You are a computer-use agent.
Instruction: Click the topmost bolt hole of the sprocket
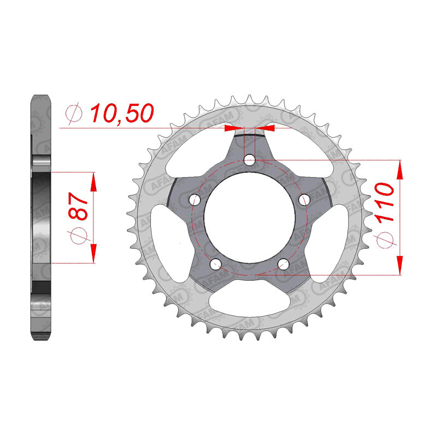pyautogui.click(x=250, y=160)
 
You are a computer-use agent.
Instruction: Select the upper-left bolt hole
pyautogui.click(x=194, y=200)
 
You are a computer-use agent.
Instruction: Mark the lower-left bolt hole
pyautogui.click(x=216, y=265)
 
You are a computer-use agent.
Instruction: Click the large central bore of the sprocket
pyautogui.click(x=250, y=218)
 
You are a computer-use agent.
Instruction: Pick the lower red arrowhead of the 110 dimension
pyautogui.click(x=400, y=264)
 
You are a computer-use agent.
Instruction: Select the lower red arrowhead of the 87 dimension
pyautogui.click(x=94, y=254)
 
